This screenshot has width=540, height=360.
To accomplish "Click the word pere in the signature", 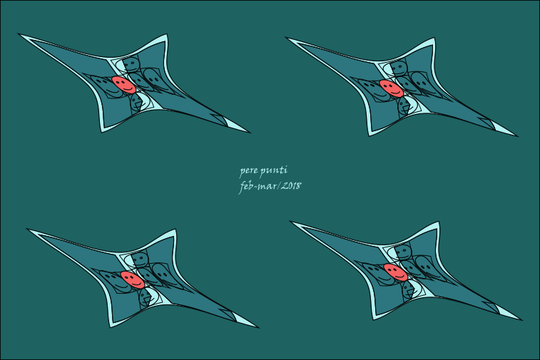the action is (x=248, y=170).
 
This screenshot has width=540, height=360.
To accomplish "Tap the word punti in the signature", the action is (x=274, y=170).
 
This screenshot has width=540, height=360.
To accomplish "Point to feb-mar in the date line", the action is (x=258, y=187).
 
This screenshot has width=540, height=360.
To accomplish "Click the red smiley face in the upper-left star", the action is (x=123, y=85).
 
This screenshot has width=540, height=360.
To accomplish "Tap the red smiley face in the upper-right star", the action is (x=391, y=88).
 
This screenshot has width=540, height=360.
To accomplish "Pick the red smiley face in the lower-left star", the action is (x=133, y=280).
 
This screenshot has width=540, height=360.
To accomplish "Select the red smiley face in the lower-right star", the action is (x=395, y=272).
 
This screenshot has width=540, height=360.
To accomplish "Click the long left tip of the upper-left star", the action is (x=19, y=34).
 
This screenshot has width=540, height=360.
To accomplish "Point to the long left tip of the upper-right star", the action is (x=286, y=38).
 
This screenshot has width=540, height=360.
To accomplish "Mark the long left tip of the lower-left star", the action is (x=27, y=229).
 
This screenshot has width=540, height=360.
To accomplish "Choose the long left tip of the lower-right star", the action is (x=290, y=221).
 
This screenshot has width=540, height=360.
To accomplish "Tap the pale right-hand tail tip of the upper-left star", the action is (x=250, y=132).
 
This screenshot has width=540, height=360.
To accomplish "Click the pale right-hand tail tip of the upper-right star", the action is (x=517, y=136).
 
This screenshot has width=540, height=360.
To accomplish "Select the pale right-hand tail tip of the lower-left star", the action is (x=259, y=327).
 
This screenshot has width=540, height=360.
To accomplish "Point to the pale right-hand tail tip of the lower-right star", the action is (x=521, y=320).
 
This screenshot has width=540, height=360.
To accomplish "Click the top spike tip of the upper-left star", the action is (x=167, y=34).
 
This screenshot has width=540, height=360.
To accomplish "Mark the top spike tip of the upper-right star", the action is (x=434, y=38).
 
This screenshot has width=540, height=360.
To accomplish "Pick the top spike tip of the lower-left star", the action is (x=176, y=230).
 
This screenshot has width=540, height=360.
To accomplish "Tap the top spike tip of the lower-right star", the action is (x=439, y=222).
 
